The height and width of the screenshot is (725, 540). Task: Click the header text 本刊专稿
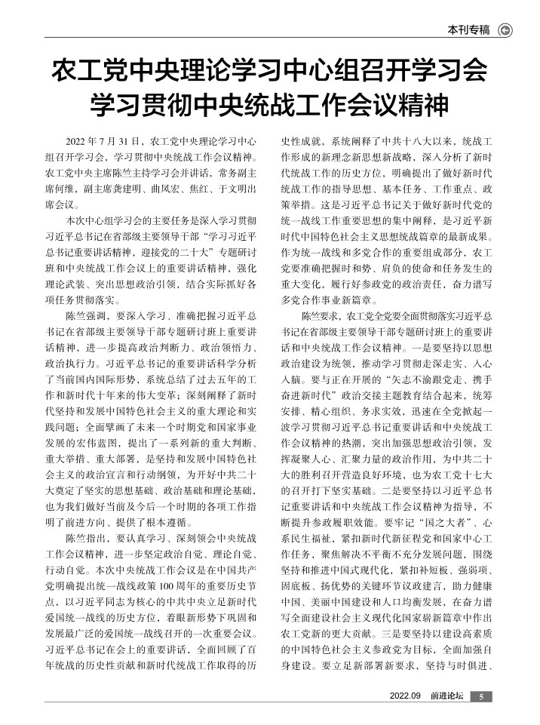pyautogui.click(x=469, y=31)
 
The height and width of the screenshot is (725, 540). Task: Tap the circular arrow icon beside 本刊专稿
pyautogui.click(x=506, y=31)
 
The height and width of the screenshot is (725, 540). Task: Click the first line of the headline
pyautogui.click(x=269, y=72)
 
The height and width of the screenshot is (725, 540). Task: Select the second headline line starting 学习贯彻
pyautogui.click(x=269, y=106)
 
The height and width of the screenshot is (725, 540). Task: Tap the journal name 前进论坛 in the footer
pyautogui.click(x=443, y=696)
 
